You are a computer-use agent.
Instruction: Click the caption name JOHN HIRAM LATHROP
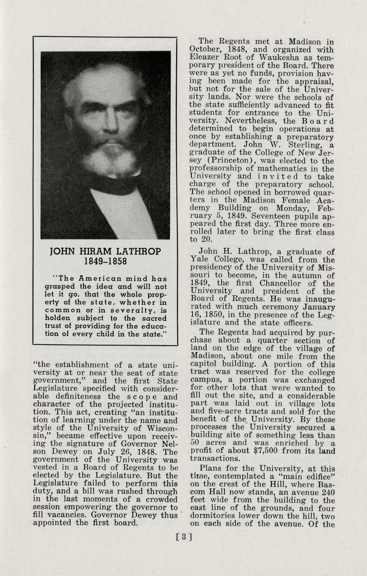click(105, 252)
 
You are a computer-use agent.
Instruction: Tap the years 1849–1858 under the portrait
click(105, 262)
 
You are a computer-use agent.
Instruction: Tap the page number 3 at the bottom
click(184, 537)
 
